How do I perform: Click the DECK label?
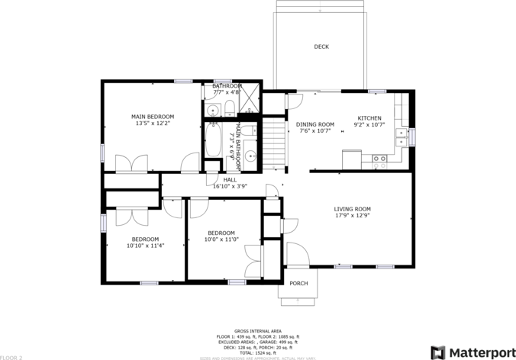(x=321, y=47)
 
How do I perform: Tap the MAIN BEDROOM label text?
(x=154, y=116)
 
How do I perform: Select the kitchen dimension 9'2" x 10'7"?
(x=370, y=125)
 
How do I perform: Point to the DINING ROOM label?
(x=315, y=124)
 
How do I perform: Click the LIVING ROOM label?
(x=352, y=209)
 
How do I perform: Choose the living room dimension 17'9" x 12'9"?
(x=352, y=216)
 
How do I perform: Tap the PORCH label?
(x=298, y=284)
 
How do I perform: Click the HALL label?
(x=230, y=179)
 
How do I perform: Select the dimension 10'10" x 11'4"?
(x=145, y=246)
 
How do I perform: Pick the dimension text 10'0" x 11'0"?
(x=221, y=239)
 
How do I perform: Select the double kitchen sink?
(x=401, y=137)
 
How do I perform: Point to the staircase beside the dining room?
(x=274, y=140)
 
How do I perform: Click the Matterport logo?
(x=471, y=352)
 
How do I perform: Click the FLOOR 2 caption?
(x=11, y=357)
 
